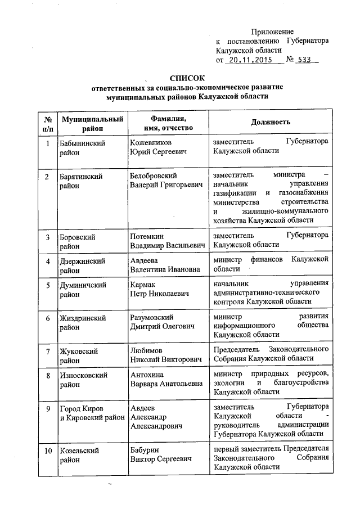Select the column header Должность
[271, 122]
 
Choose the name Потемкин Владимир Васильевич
[166, 241]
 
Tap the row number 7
[48, 352]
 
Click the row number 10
[48, 451]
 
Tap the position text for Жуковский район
[271, 355]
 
